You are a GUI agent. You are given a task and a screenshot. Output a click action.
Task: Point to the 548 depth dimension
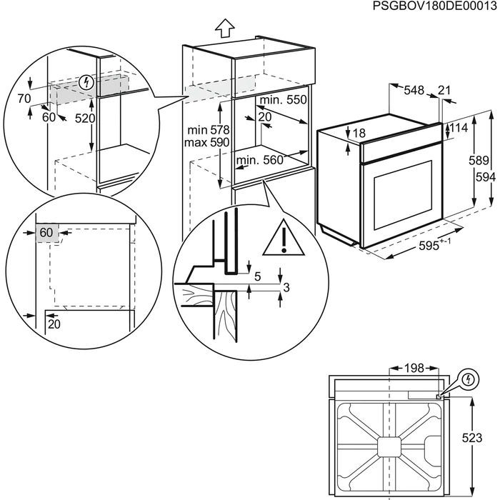click(414, 90)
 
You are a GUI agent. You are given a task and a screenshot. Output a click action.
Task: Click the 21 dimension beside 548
click(445, 90)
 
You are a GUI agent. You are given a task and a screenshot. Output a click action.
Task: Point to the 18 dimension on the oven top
click(359, 133)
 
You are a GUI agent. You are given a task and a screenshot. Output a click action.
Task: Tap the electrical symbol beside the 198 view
click(467, 379)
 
